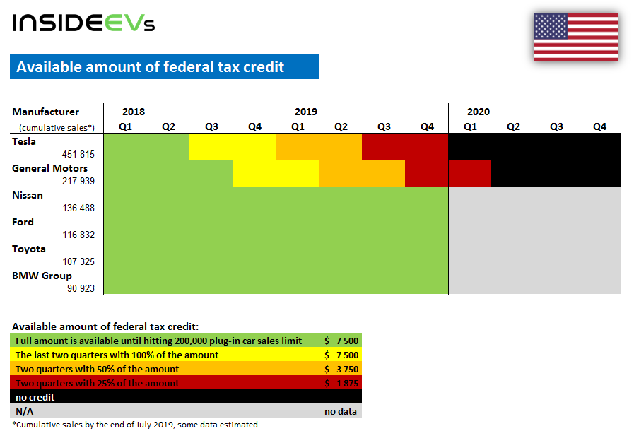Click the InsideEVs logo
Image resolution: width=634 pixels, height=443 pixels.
click(83, 23)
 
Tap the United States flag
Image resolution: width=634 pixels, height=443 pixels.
click(575, 37)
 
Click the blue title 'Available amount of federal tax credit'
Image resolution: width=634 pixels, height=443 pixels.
click(151, 67)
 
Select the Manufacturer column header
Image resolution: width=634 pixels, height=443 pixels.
click(46, 112)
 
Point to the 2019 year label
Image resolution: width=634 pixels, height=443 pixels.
click(306, 112)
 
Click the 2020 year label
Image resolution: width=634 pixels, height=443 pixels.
click(479, 112)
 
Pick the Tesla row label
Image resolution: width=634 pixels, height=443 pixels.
click(24, 141)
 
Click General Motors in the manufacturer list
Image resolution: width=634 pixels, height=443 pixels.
click(50, 168)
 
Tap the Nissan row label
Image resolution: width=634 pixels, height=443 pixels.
click(28, 195)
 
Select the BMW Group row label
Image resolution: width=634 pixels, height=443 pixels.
click(42, 276)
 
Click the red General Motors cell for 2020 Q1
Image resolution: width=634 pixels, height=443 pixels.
click(470, 173)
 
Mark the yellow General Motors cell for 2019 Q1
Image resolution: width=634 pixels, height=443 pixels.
click(298, 173)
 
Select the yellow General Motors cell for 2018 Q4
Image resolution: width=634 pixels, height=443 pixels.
click(254, 173)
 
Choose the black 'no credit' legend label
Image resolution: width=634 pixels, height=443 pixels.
click(35, 397)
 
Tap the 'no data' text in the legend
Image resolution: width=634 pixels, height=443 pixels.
click(341, 411)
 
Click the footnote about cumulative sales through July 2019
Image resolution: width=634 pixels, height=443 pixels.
click(135, 425)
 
